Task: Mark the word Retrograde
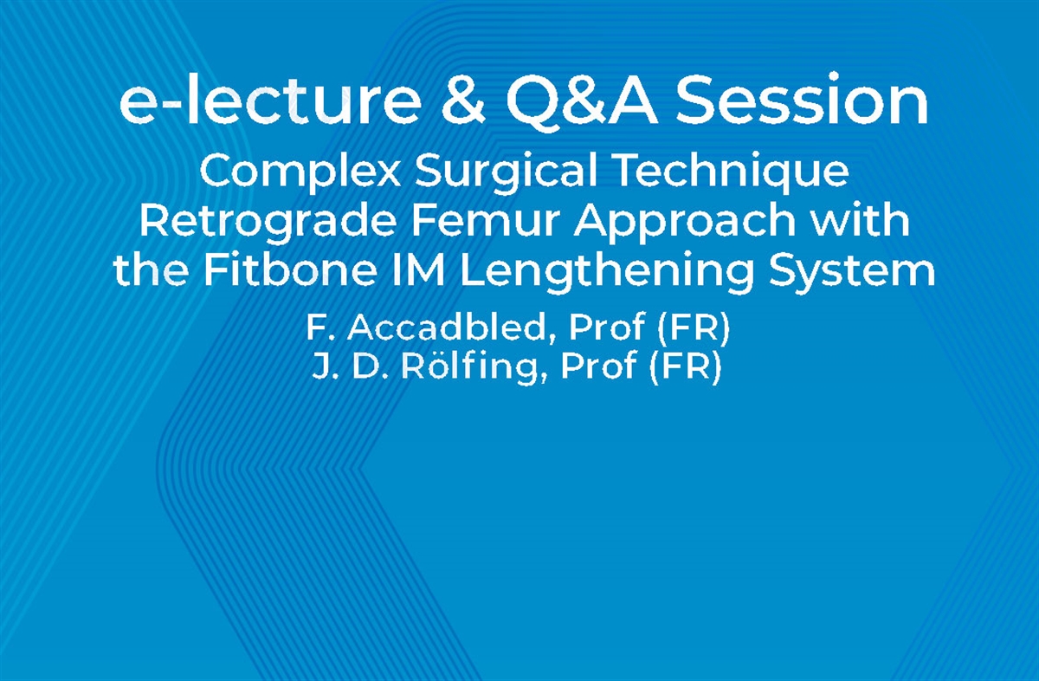[267, 222]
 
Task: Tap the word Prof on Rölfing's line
[598, 368]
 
